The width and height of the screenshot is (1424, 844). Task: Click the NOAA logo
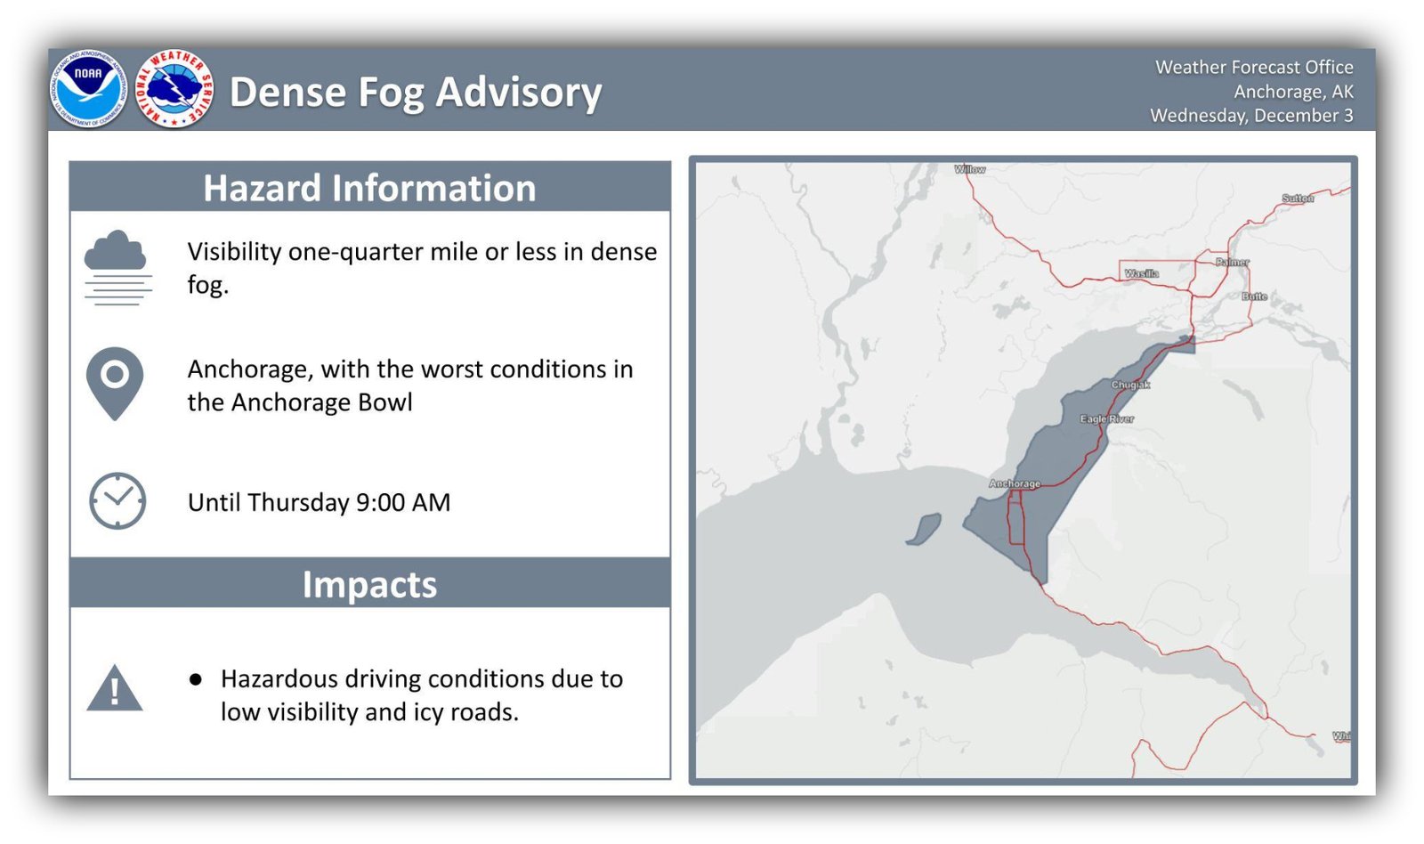[x=88, y=89]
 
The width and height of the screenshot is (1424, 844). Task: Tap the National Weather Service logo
[x=174, y=89]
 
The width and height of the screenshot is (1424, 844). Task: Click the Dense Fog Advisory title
[x=416, y=92]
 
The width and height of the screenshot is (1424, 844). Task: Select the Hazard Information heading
[x=369, y=188]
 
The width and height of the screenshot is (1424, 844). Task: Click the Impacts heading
[x=369, y=585]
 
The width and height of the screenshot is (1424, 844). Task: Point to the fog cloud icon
[x=117, y=267]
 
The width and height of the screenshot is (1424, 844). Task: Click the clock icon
[x=117, y=501]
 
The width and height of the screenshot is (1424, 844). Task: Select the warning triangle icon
[x=115, y=689]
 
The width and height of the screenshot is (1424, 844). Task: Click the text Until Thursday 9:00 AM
[x=319, y=502]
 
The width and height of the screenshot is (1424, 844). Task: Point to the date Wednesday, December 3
[x=1250, y=116]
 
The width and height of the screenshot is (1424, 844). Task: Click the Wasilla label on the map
[x=1141, y=273]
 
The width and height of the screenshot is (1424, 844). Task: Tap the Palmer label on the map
[x=1232, y=263]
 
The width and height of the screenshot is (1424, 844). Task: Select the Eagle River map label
[x=1106, y=418]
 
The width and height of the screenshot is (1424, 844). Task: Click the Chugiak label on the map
[x=1130, y=385]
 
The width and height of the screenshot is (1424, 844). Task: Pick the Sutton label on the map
[x=1297, y=199]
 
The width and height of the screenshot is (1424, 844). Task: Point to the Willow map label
[x=969, y=169]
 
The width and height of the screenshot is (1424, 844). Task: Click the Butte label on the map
[x=1254, y=296]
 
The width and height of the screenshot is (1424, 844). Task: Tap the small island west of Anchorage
[x=924, y=529]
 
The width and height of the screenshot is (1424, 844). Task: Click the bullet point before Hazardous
[x=196, y=679]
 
